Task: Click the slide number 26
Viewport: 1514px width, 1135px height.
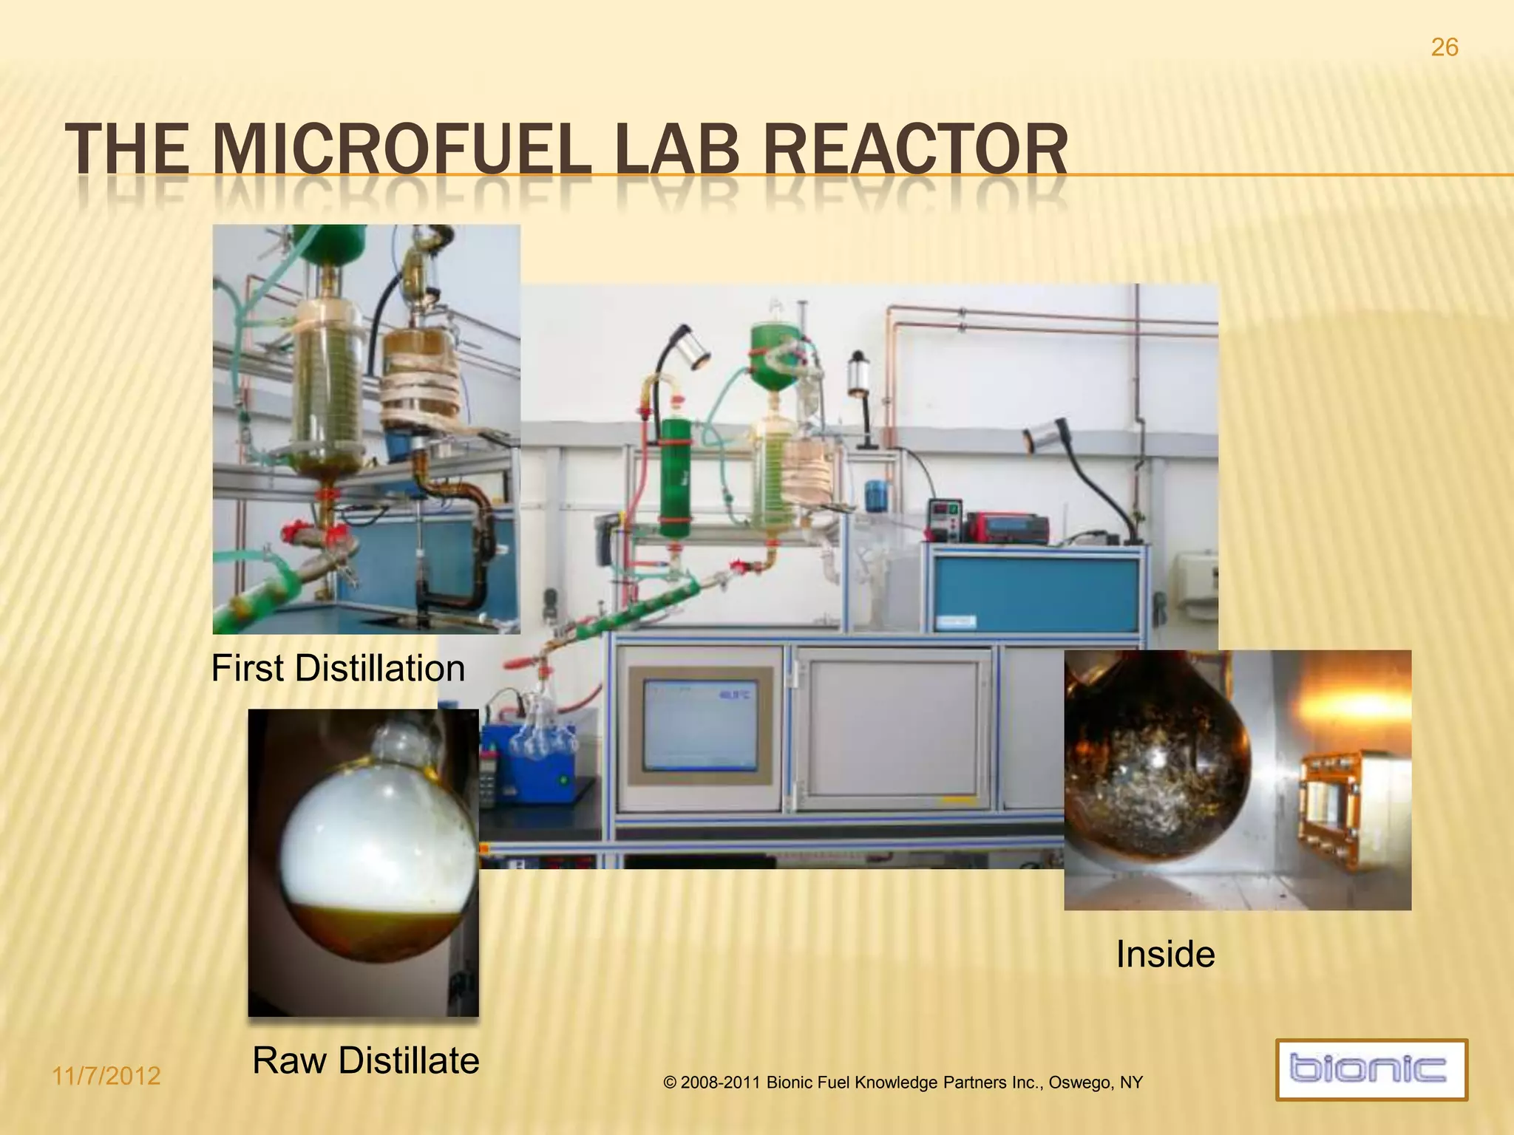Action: click(x=1445, y=48)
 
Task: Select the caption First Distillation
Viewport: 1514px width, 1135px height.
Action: click(x=338, y=669)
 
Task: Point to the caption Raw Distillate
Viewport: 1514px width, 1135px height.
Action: click(x=366, y=1061)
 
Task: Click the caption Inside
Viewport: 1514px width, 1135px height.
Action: click(x=1165, y=954)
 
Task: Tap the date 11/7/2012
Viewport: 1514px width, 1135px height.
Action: click(x=106, y=1076)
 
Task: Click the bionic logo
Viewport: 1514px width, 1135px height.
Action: click(x=1371, y=1069)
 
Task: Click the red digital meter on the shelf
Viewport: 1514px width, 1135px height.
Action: click(x=1008, y=525)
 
